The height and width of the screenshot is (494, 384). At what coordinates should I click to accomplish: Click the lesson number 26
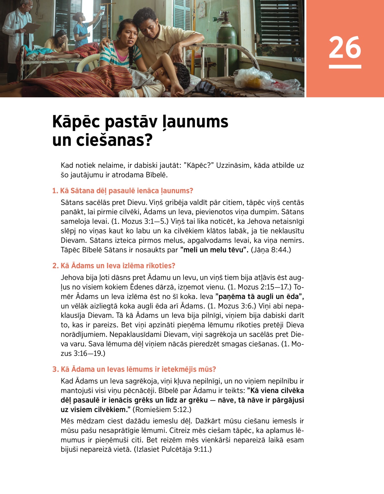click(345, 47)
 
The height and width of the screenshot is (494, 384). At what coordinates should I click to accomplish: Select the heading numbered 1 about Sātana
click(123, 191)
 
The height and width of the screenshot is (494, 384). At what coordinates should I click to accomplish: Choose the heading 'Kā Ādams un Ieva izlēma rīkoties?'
click(114, 266)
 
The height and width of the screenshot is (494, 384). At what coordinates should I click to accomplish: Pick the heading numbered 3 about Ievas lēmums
click(134, 369)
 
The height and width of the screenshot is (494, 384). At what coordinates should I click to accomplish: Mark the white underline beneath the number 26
click(345, 67)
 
